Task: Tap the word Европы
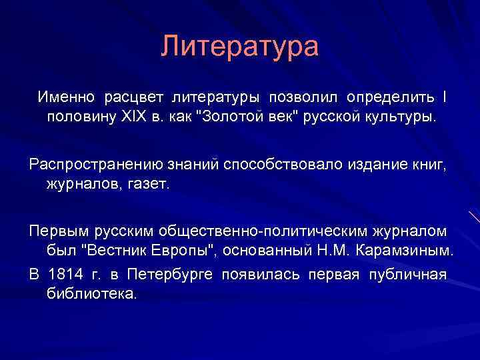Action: pos(186,251)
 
